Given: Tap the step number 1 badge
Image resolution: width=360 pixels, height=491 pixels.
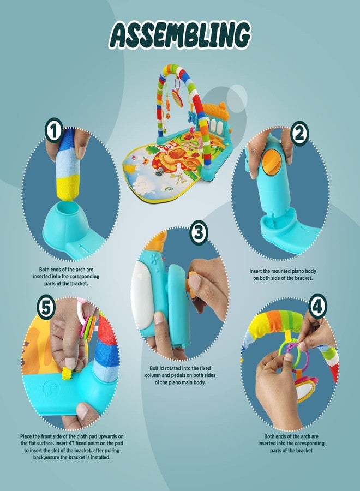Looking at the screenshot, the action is pyautogui.click(x=54, y=130).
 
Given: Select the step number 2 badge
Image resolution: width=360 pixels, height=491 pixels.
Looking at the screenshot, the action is pyautogui.click(x=299, y=134).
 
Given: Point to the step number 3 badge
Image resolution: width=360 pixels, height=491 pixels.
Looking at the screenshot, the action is pyautogui.click(x=199, y=232).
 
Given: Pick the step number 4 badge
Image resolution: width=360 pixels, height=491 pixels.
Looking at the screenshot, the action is pyautogui.click(x=318, y=306).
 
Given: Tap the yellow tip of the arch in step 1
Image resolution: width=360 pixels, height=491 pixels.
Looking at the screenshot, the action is pyautogui.click(x=68, y=188).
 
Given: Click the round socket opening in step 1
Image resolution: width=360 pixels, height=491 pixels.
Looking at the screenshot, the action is pyautogui.click(x=66, y=206).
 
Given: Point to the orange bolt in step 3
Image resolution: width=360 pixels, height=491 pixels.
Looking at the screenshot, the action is pyautogui.click(x=191, y=284).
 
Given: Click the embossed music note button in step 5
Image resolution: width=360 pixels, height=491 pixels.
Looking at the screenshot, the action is pyautogui.click(x=50, y=389).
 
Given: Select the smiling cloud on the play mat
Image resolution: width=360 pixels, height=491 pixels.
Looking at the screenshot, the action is pyautogui.click(x=143, y=184).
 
